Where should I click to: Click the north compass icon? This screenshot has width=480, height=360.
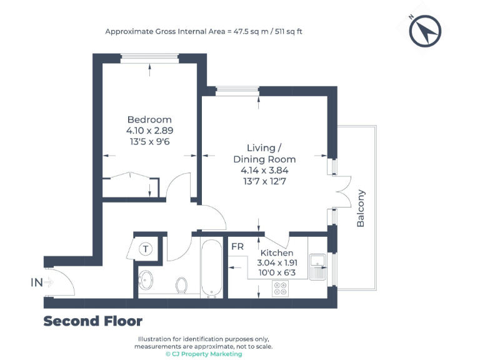coord(426,31)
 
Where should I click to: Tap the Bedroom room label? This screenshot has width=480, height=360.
coord(149,119)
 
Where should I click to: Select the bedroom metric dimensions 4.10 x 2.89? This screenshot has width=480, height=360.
coord(149,131)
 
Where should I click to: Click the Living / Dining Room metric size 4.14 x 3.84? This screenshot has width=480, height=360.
coord(261,170)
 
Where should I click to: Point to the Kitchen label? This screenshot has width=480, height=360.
coord(277,252)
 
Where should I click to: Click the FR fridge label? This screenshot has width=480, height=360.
coord(237,246)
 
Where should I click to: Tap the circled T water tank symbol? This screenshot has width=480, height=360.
coord(146,249)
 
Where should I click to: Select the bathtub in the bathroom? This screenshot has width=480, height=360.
coord(211,269)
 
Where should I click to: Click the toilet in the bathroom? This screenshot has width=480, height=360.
coord(182,284)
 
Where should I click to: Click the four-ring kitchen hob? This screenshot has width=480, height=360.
coord(281,288)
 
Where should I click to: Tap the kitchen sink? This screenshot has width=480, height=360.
coord(317,265)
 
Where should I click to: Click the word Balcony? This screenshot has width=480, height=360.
coord(361,208)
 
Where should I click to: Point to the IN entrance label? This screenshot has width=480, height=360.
coord(37,282)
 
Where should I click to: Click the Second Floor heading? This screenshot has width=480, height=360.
coord(92,321)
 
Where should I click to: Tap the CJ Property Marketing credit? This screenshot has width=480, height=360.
coord(203,354)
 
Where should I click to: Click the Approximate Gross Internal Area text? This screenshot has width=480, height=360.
coord(204,31)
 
